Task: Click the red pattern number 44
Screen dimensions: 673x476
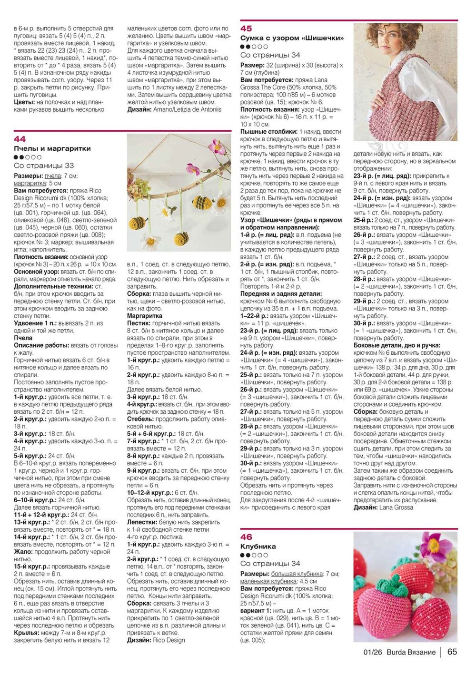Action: coord(20,139)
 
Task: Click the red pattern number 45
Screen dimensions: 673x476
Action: coord(246,29)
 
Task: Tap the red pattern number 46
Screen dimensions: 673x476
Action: coord(246,537)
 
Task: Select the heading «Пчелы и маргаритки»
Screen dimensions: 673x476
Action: coord(52,148)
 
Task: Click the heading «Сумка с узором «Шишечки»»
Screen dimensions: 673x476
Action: coord(292,38)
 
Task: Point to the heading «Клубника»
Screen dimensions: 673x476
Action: coord(258,546)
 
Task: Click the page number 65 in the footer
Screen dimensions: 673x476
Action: coord(452,652)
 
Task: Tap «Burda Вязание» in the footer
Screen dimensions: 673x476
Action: coord(411,652)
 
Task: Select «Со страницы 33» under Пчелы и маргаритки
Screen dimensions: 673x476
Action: coord(44,166)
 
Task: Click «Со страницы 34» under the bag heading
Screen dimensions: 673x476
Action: coord(270,55)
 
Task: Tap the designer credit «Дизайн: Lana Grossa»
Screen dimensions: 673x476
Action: coord(383,507)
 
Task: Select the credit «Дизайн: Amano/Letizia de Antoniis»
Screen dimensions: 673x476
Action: coord(174,109)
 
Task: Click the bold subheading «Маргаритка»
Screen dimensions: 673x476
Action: coord(144,316)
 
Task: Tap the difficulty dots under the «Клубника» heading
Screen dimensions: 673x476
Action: coord(254,555)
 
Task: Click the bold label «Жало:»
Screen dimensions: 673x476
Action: coord(23,552)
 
